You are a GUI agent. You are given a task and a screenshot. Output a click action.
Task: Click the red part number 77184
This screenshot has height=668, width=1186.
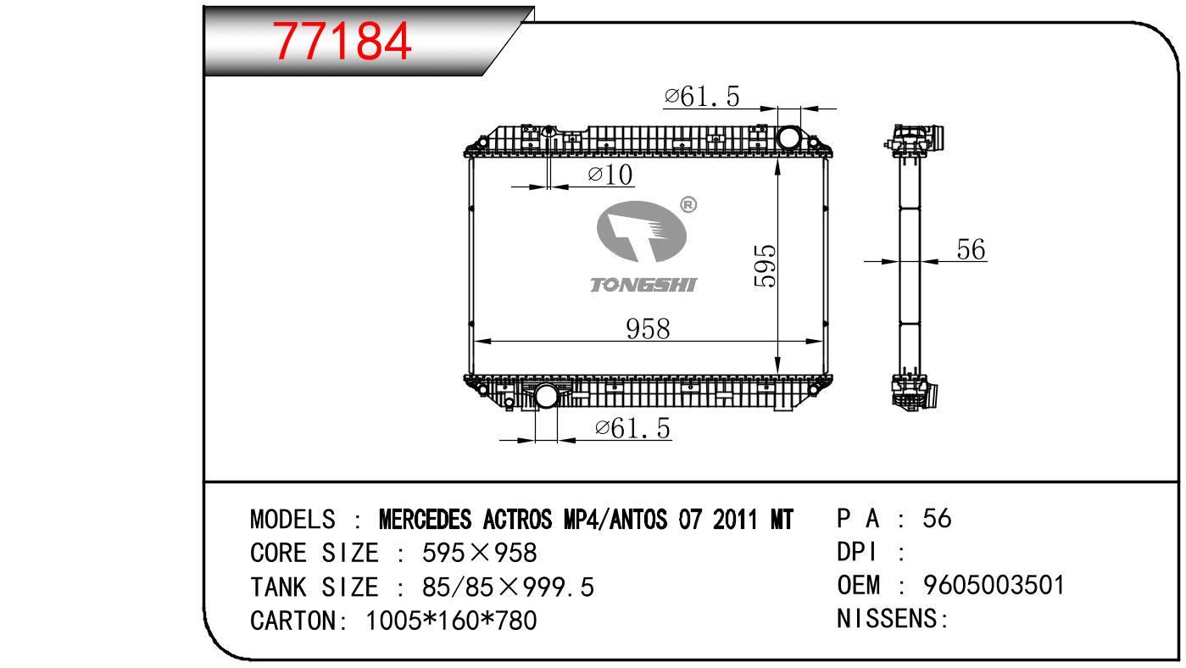pos(342,41)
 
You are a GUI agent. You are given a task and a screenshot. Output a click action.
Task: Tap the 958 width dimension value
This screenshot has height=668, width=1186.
pos(648,329)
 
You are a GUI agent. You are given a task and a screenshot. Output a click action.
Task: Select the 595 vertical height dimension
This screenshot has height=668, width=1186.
pos(765,265)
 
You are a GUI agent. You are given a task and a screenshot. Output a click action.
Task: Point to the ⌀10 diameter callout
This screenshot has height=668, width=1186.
pos(610,175)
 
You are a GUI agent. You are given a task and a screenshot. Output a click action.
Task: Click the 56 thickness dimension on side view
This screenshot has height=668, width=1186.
pos(971,249)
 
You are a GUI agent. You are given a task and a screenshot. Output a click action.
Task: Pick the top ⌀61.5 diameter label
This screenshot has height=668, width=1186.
pos(702,97)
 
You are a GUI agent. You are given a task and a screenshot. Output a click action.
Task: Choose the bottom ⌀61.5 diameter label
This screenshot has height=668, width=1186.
pos(632,428)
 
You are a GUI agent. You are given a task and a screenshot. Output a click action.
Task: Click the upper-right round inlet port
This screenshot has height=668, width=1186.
pos(788,137)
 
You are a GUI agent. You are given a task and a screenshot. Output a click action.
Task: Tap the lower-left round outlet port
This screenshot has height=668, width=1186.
pos(546,396)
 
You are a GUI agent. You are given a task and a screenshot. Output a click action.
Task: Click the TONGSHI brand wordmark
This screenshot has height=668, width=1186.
pos(643,285)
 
